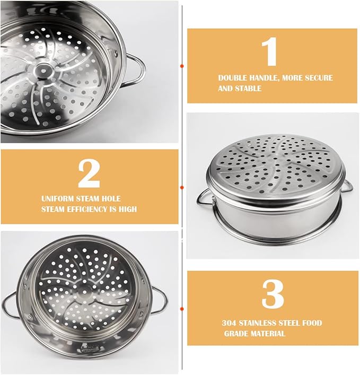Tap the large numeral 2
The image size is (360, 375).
coord(89,173)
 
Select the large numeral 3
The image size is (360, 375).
coord(273,293)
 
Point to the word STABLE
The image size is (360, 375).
coord(248,89)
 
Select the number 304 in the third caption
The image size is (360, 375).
coord(230,322)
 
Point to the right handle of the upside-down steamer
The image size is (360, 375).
coord(347,185)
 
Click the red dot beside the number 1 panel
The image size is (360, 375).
coord(182,66)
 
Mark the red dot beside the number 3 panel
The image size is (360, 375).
coord(182,308)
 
